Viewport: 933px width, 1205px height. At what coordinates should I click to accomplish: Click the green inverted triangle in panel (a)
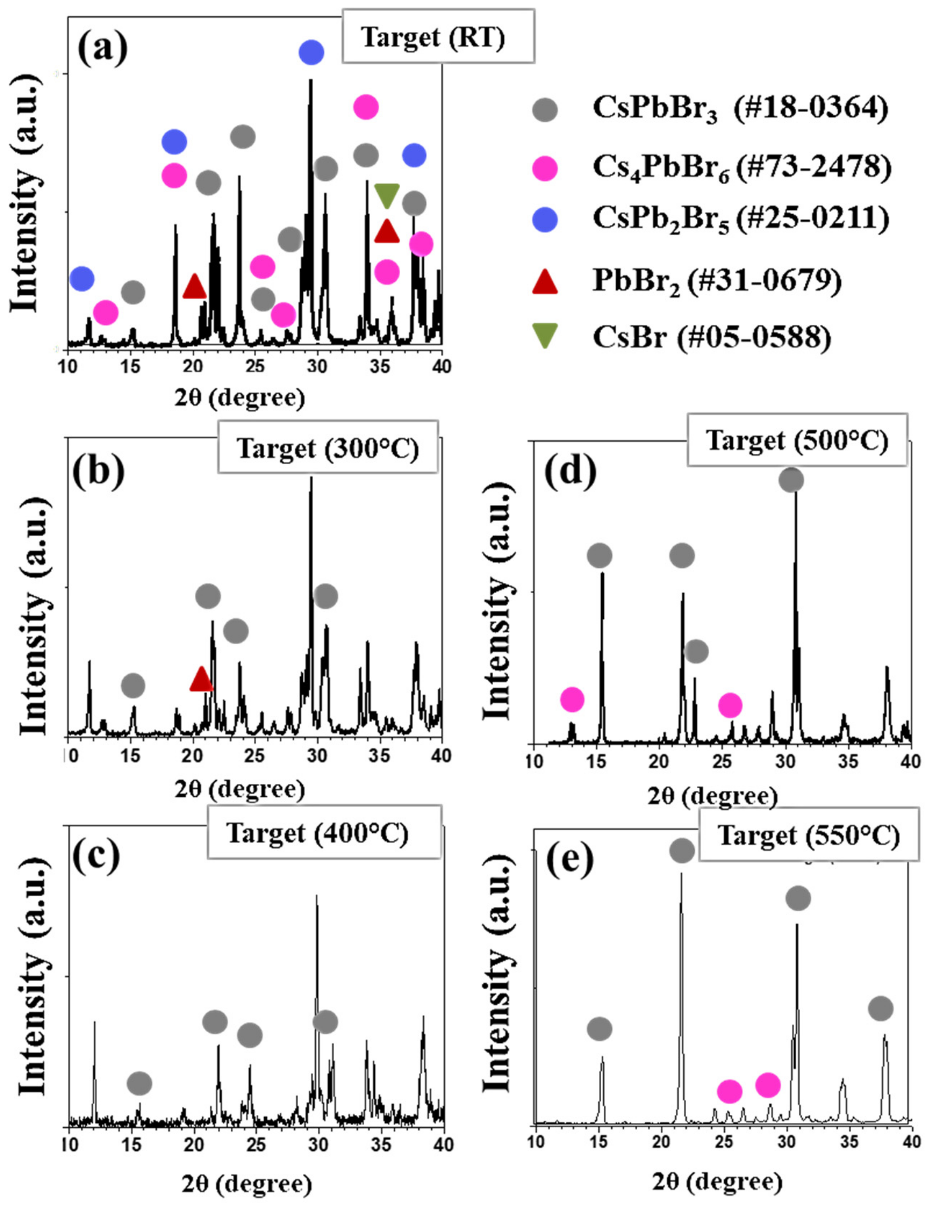pos(387,195)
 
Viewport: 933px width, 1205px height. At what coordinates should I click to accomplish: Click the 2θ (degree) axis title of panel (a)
pos(240,397)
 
